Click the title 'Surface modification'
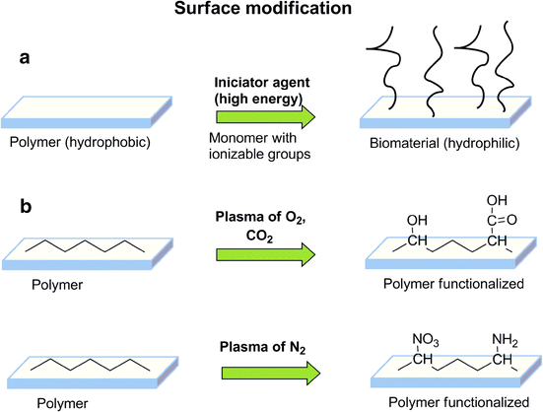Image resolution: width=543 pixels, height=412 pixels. (272, 13)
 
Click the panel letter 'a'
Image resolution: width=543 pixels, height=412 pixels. (28, 59)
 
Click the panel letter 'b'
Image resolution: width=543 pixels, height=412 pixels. (28, 208)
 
